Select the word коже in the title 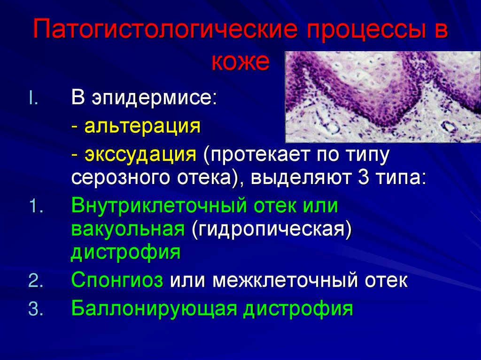pyautogui.click(x=240, y=62)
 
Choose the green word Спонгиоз pyautogui.click(x=117, y=282)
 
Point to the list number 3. pyautogui.click(x=35, y=309)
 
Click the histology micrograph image pyautogui.click(x=383, y=96)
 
